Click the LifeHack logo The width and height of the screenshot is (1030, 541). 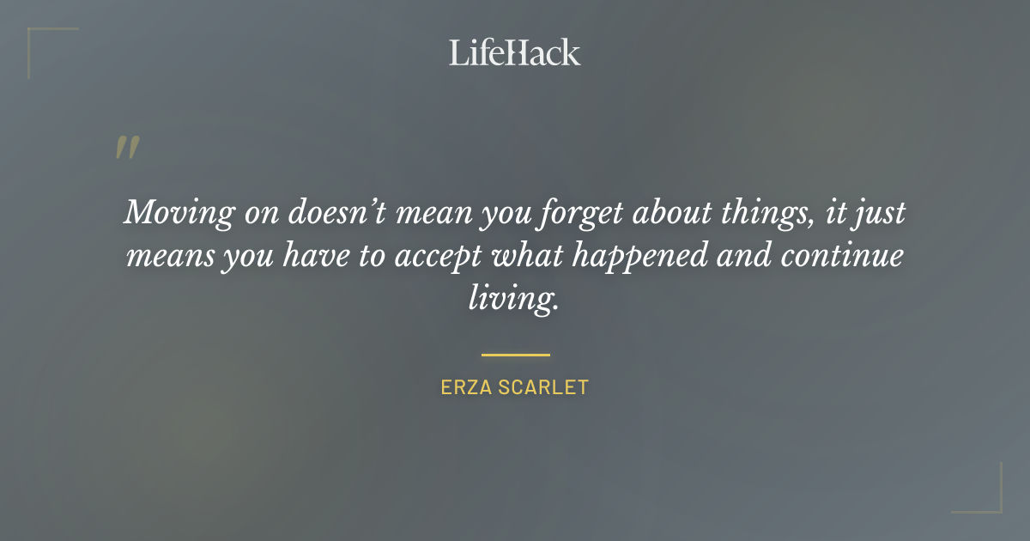[515, 52]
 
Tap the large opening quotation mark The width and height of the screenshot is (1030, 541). [126, 148]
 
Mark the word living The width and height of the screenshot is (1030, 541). [513, 300]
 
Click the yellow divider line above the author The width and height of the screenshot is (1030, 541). [515, 354]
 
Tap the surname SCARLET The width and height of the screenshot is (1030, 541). [547, 387]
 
